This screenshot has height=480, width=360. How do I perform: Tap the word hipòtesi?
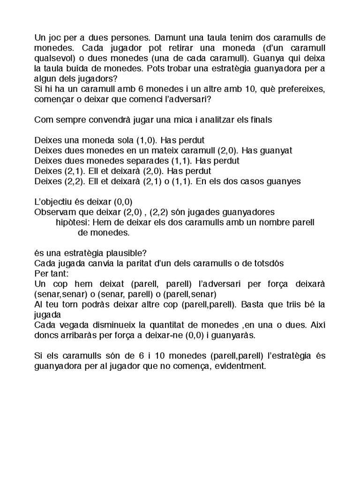(x=71, y=222)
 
